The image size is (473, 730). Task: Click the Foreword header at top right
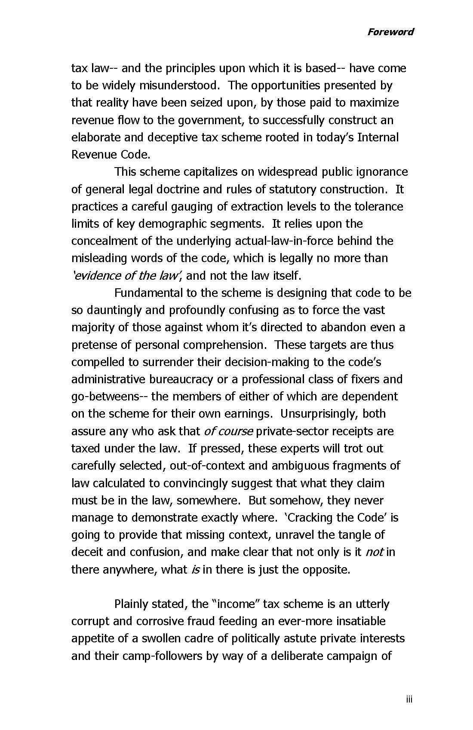pos(390,32)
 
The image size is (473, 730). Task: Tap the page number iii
pos(408,699)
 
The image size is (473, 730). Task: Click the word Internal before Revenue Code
pos(378,137)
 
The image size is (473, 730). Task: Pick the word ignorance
pos(382,172)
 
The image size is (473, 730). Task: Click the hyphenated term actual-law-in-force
pos(284,241)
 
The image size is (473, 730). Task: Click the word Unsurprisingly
pos(320,414)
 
